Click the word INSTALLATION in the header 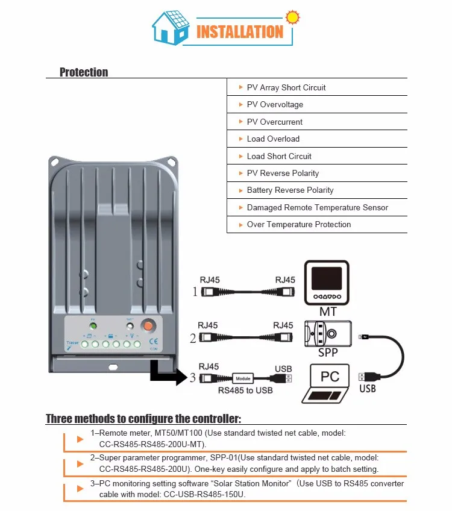[240, 31]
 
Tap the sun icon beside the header [293, 16]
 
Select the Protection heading [84, 72]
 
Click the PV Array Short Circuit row [286, 87]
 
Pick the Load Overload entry [273, 139]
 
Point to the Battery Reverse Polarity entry [290, 190]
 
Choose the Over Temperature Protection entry [299, 224]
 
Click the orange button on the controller [147, 326]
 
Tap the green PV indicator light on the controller [93, 327]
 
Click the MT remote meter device [327, 284]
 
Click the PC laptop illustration [328, 383]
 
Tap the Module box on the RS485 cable [243, 378]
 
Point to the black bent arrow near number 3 [165, 372]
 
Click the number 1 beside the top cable [194, 292]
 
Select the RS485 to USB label [245, 390]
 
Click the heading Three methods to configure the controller [143, 419]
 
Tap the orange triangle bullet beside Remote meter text [80, 439]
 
